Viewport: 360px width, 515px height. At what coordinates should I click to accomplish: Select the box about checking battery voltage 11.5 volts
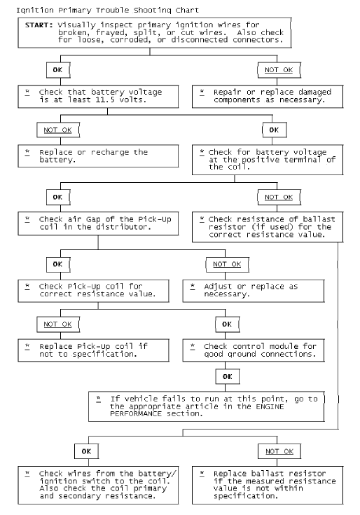(x=97, y=96)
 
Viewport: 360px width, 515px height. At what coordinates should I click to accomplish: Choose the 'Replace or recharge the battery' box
(x=97, y=156)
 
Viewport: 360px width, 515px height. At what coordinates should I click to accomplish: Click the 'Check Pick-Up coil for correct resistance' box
(x=97, y=289)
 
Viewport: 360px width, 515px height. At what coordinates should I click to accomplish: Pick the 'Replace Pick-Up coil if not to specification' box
(x=97, y=350)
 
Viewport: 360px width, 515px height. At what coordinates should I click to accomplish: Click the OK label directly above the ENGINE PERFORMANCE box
(x=226, y=376)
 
